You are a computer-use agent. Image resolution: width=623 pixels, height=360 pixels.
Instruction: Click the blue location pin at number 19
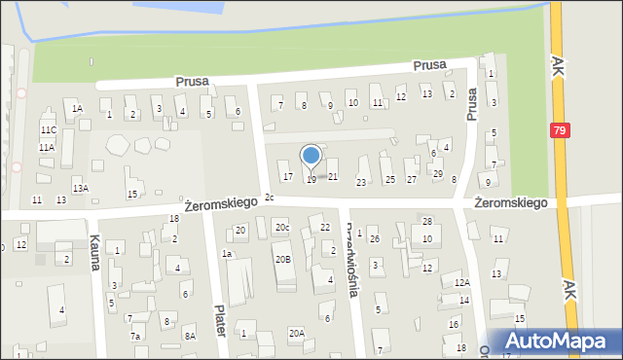[311, 157]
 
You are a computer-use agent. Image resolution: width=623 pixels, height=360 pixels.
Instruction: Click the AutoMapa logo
[554, 342]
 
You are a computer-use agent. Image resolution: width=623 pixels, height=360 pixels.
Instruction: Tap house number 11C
[48, 129]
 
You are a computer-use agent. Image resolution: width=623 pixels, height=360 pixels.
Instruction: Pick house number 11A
[46, 147]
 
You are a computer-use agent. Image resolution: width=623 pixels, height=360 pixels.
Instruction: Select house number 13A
[80, 188]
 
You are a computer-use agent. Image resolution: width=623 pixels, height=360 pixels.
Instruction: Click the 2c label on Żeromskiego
[270, 198]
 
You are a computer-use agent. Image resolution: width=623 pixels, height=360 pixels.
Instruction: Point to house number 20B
[282, 259]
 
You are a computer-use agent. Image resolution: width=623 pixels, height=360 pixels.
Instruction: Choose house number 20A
[296, 333]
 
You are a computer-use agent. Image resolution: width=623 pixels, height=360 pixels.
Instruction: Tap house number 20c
[281, 228]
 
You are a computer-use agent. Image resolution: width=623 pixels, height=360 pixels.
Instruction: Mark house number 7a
[135, 336]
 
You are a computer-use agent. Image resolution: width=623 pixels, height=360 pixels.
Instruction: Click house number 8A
[191, 336]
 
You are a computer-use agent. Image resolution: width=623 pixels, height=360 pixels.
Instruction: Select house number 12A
[461, 282]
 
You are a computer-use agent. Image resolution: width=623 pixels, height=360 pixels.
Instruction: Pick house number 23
[361, 182]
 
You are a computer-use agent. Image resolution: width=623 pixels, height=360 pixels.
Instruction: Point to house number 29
[437, 173]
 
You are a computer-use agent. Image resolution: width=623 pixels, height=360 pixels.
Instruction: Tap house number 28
[426, 222]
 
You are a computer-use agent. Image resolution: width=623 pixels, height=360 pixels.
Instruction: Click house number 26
[374, 238]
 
